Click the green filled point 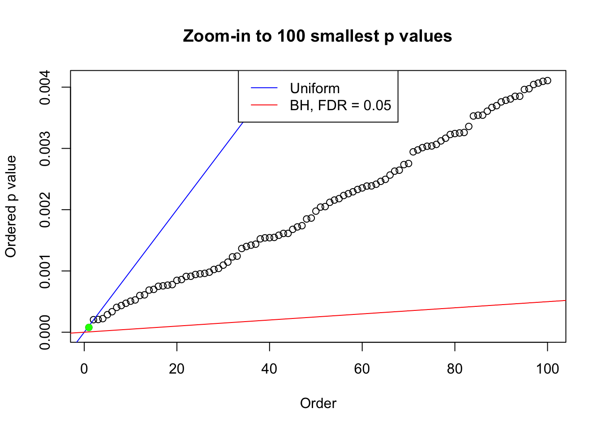point(89,327)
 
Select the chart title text point(317,36)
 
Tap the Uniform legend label point(314,88)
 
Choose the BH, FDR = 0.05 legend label point(340,105)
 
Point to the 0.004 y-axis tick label point(45,87)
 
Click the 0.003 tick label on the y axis point(45,149)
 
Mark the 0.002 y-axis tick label point(45,210)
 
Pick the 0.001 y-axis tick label point(45,271)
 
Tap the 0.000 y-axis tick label point(45,332)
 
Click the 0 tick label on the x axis point(84,369)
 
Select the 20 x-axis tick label point(177,369)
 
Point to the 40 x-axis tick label point(270,369)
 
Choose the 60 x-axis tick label point(362,369)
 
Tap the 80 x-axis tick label point(455,369)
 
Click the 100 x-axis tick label point(547,369)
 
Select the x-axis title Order point(318,404)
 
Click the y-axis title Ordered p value point(11,206)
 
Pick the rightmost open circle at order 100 point(547,81)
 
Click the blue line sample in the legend point(264,88)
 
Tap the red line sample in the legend point(264,105)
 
